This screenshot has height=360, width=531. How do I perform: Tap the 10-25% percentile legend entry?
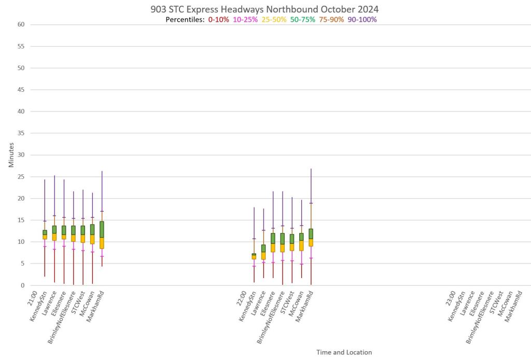click(245, 20)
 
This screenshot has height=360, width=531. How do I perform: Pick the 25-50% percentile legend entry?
click(274, 20)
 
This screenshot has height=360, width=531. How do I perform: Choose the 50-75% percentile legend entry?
click(302, 20)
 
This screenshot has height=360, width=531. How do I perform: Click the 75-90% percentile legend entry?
click(331, 20)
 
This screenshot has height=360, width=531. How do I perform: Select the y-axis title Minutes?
click(11, 155)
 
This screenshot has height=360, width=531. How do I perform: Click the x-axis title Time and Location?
click(344, 352)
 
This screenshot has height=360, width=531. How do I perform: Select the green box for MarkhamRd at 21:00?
click(102, 229)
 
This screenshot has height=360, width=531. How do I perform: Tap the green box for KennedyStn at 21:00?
click(45, 232)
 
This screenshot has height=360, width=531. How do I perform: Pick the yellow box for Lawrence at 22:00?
click(263, 255)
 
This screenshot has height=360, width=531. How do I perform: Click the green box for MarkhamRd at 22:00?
click(311, 233)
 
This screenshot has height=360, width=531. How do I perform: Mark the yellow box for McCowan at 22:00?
click(301, 245)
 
